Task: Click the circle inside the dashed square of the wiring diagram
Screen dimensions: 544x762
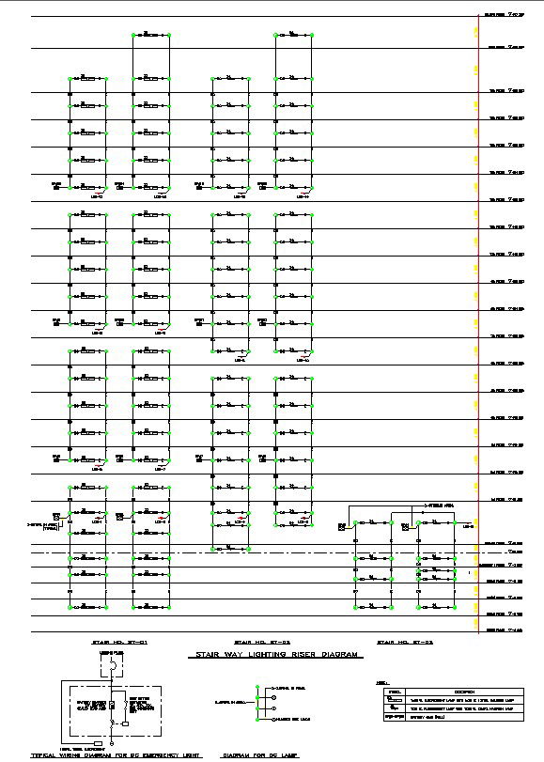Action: click(x=111, y=674)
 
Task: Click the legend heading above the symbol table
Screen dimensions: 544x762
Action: click(x=381, y=682)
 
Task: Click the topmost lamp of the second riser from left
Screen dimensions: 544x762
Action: click(x=150, y=36)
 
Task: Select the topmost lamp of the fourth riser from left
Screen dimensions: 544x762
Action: click(x=293, y=36)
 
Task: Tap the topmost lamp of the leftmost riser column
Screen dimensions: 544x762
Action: click(x=86, y=79)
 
